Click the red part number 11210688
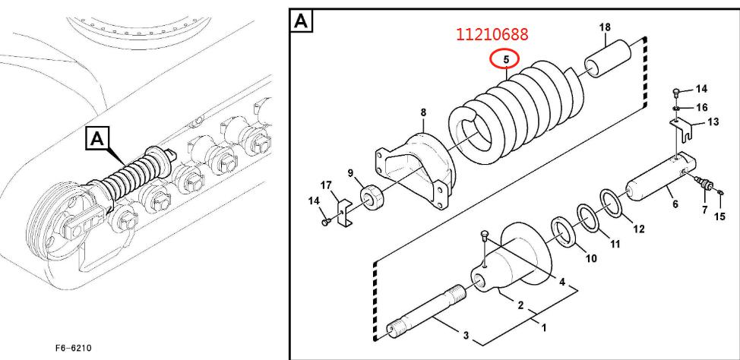492,34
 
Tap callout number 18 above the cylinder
605,27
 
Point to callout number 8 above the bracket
423,112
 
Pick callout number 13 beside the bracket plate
713,122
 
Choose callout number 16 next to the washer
702,108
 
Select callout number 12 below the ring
638,229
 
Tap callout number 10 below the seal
591,258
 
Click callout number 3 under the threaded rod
466,336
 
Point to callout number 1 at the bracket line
544,327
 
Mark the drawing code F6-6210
73,348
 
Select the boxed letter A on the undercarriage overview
96,139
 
